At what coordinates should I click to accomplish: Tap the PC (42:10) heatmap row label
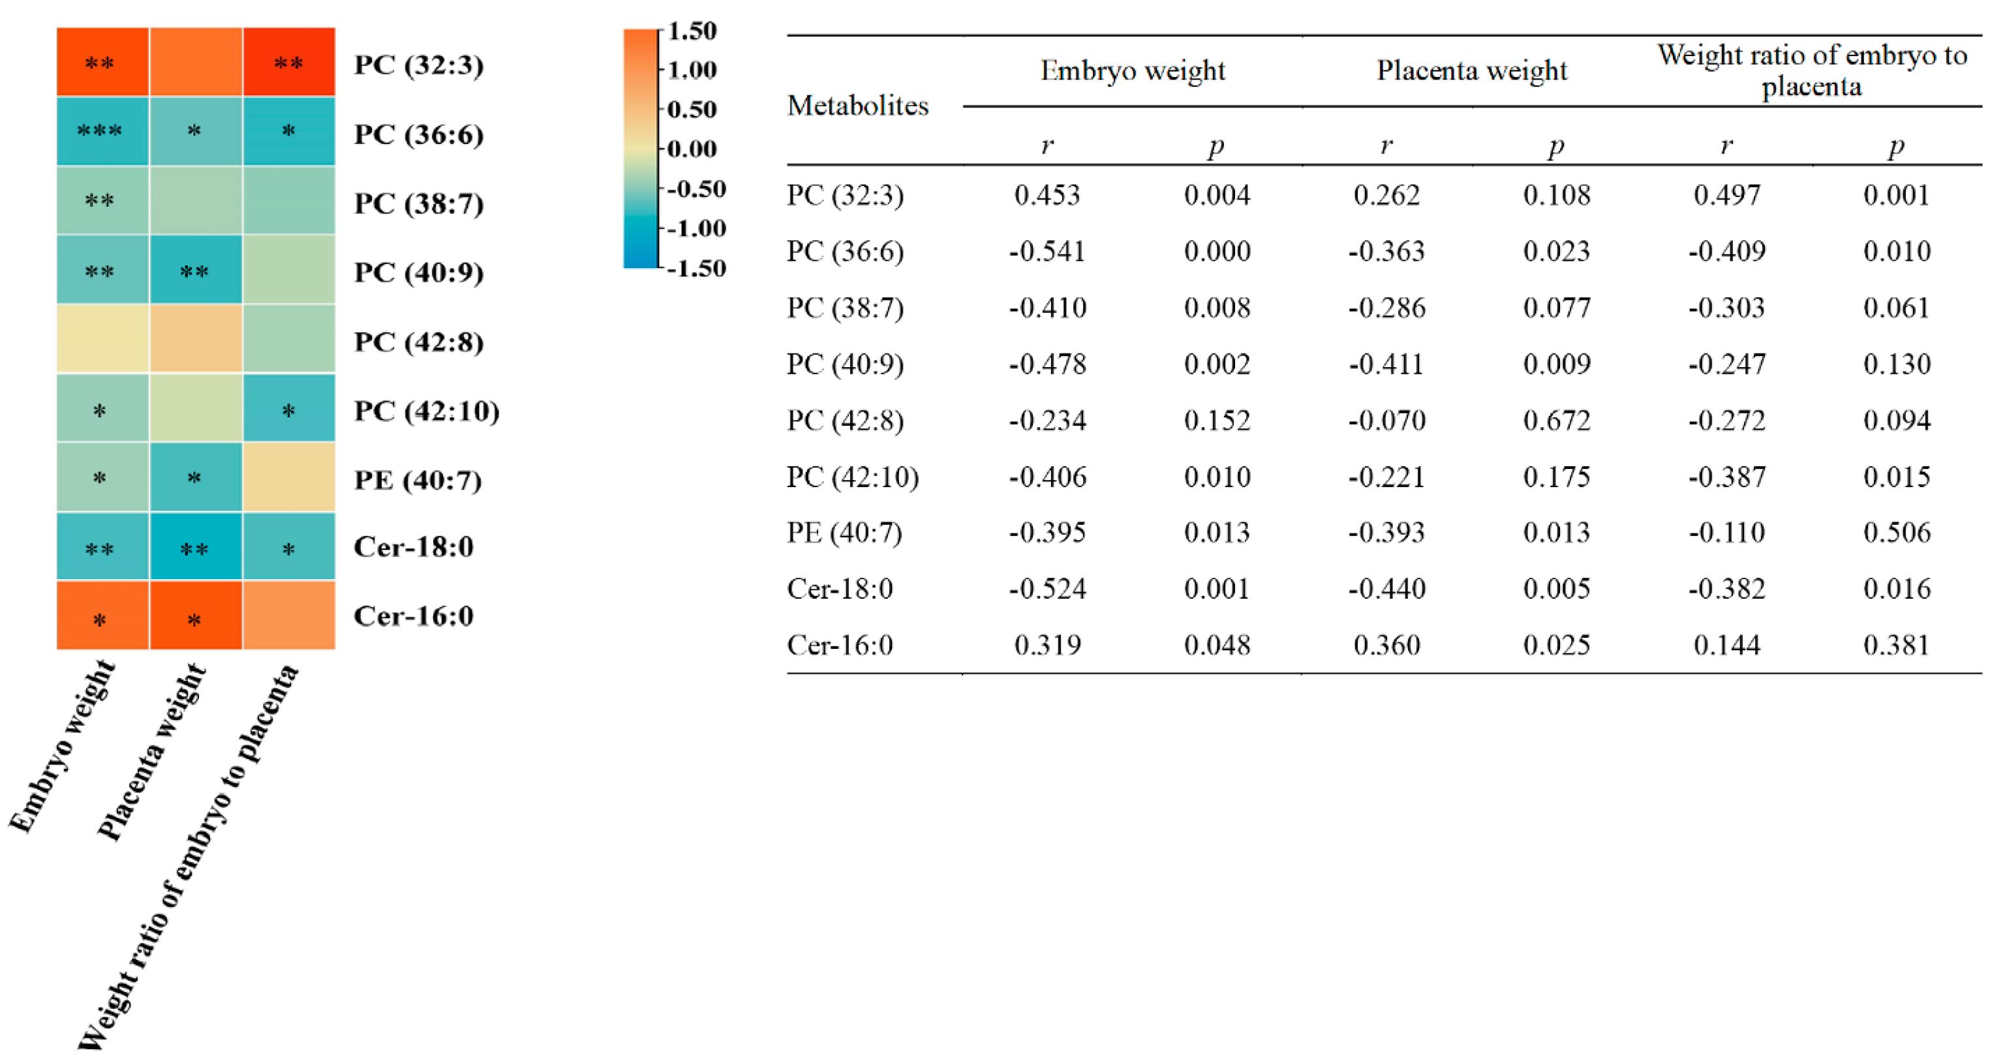pos(426,411)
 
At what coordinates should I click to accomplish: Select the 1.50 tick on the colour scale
pos(692,31)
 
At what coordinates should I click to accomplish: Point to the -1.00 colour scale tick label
pos(696,228)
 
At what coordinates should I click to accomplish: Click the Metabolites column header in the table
pos(858,105)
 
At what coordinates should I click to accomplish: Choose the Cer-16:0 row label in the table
pos(839,645)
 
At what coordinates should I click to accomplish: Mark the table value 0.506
pos(1896,532)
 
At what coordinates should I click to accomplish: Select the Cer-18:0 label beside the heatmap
pos(413,547)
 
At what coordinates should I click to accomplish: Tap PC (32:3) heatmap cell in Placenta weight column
pos(195,62)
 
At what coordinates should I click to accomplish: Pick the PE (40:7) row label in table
pos(844,532)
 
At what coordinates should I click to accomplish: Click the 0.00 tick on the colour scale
pos(692,149)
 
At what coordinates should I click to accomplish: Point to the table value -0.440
pos(1386,588)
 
